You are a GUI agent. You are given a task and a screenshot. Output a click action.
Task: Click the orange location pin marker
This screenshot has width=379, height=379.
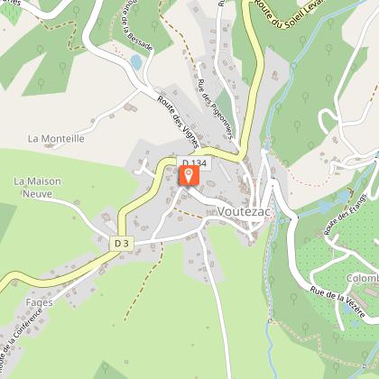click(x=189, y=175)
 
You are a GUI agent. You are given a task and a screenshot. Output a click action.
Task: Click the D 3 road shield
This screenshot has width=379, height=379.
click(x=123, y=243)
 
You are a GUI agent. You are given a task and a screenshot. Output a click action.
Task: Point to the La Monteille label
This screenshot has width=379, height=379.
click(x=56, y=139)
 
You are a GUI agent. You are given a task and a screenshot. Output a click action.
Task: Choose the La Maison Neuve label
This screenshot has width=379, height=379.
click(x=37, y=187)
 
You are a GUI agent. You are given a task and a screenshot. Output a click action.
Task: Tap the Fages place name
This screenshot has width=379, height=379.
click(x=39, y=302)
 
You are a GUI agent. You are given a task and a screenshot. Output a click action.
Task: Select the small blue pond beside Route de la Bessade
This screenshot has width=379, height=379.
click(x=136, y=62)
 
